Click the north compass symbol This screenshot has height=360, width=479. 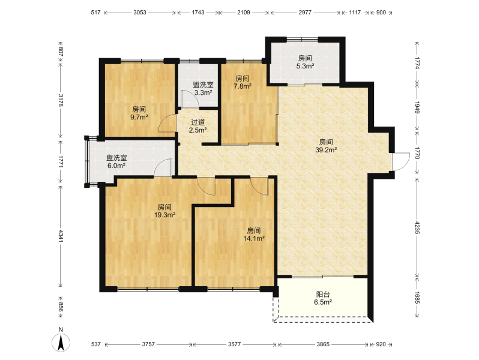[61, 342]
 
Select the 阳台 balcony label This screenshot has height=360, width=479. [323, 295]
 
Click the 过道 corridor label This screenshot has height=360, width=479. [197, 122]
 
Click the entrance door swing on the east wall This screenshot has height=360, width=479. [401, 161]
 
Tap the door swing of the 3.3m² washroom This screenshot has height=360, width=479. [190, 99]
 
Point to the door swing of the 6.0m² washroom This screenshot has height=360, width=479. [163, 167]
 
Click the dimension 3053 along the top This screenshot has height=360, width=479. [140, 13]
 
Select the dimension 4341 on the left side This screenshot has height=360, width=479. [61, 236]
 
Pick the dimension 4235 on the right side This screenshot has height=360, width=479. [417, 227]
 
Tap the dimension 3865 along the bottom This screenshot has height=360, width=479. [323, 344]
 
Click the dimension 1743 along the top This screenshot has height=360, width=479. [198, 13]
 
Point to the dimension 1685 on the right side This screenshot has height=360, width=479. [417, 297]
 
